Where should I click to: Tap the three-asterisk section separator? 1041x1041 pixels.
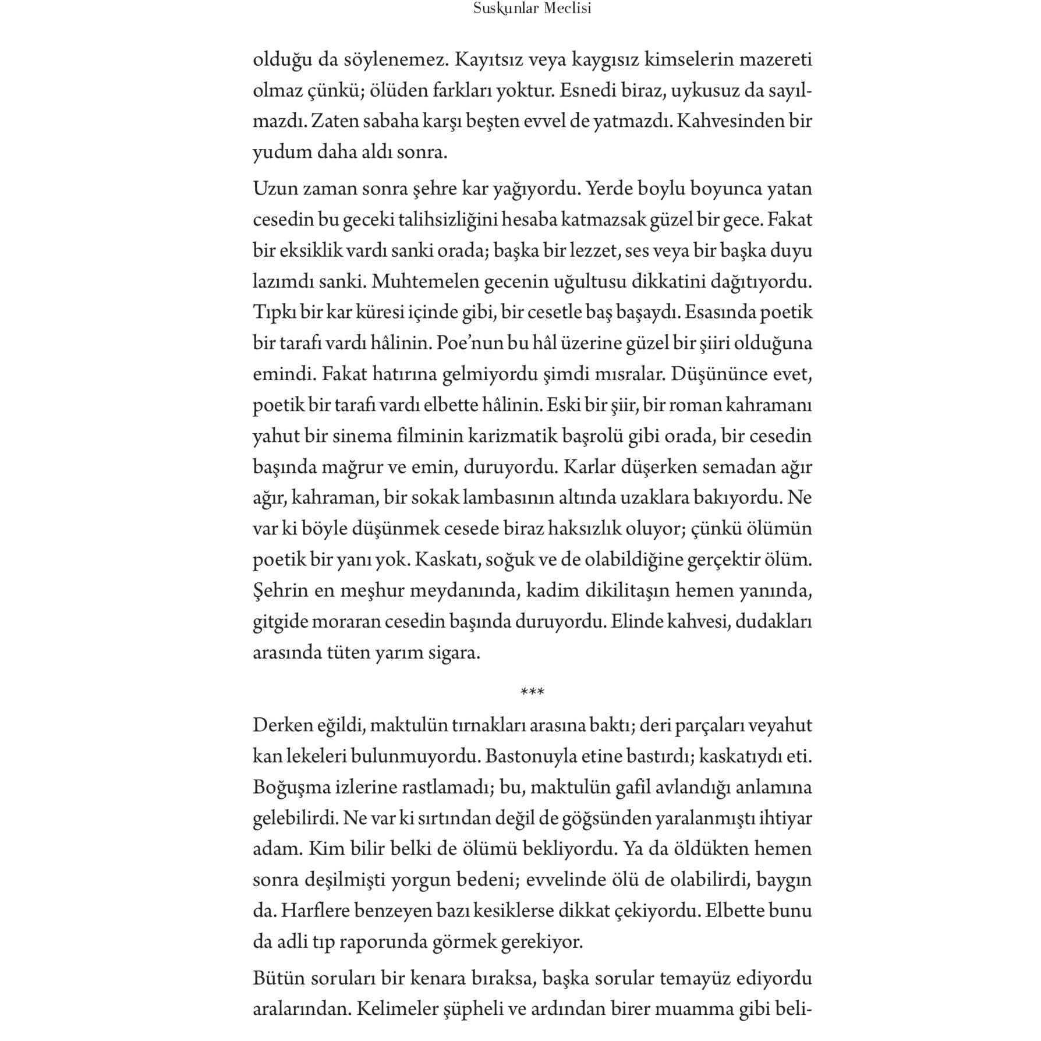532,692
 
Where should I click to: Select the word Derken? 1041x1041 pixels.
282,725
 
